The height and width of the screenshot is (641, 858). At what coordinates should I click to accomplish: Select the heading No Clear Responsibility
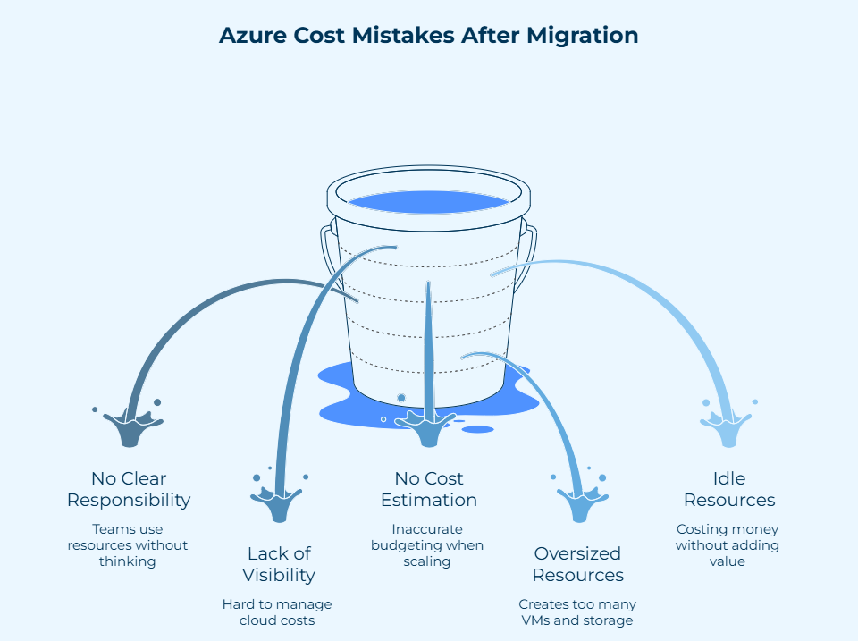tap(129, 489)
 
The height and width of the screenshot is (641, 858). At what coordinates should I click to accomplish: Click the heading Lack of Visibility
tap(281, 564)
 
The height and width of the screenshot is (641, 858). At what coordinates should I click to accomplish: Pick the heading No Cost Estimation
tap(429, 489)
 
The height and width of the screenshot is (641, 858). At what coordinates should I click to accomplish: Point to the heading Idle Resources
tap(728, 489)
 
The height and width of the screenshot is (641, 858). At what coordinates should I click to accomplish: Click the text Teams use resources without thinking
tap(129, 545)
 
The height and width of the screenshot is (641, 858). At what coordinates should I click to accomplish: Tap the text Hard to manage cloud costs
tap(277, 612)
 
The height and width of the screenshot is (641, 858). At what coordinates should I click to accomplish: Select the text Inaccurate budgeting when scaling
tap(427, 545)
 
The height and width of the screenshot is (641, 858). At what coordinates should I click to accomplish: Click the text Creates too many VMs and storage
tap(576, 612)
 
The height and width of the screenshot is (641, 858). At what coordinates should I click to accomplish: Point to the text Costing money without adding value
tap(728, 545)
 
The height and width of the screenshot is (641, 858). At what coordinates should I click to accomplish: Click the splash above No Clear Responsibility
tap(130, 426)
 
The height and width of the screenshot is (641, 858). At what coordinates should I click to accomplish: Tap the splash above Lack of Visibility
tap(281, 501)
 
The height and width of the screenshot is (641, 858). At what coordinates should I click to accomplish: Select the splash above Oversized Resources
tap(578, 502)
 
